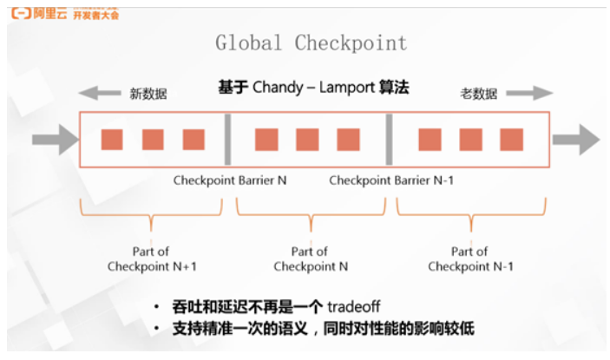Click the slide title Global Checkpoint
tap(311, 43)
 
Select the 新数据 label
tap(147, 94)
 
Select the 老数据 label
tap(478, 94)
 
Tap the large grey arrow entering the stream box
tap(52, 139)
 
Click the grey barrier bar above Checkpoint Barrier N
tap(227, 139)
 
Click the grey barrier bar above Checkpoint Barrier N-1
tap(389, 139)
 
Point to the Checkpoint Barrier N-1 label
tap(391, 180)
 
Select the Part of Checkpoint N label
tap(311, 259)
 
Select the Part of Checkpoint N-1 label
tap(470, 259)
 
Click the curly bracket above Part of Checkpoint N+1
tap(150, 211)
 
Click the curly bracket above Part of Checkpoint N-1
tap(471, 211)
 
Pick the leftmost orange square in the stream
tap(112, 139)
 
